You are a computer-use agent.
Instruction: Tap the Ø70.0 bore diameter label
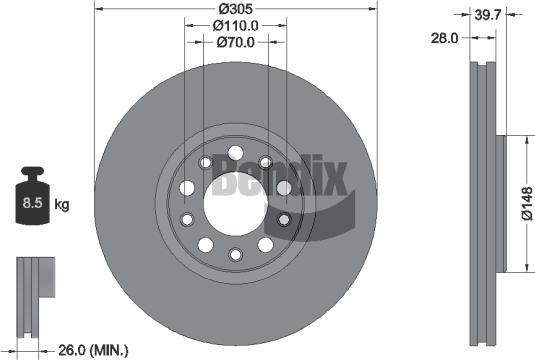click(x=236, y=43)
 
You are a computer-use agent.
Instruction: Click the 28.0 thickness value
click(x=444, y=37)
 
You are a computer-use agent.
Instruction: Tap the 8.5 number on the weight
click(x=31, y=205)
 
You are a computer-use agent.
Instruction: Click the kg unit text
click(x=61, y=206)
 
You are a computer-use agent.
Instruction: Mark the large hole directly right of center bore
click(x=283, y=187)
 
